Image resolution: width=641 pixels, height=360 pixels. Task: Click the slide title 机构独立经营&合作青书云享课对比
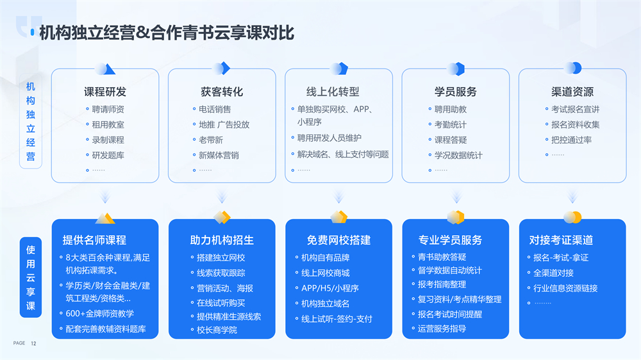point(167,33)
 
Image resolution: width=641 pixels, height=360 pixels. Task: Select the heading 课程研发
point(105,92)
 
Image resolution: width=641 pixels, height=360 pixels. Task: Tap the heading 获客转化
point(222,92)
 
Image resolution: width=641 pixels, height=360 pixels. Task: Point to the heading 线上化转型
point(333,92)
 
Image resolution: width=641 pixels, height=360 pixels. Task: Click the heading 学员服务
point(455,92)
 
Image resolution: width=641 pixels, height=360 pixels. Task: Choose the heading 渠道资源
point(572,92)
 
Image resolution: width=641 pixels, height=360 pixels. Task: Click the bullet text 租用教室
point(108,125)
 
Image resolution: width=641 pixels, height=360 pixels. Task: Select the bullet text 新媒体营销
point(219,155)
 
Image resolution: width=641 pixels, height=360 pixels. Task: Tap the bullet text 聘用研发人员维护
point(329,138)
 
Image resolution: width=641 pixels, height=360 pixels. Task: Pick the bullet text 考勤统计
point(450,125)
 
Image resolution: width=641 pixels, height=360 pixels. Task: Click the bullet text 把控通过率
point(571,140)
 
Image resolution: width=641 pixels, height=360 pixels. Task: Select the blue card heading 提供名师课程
point(94,240)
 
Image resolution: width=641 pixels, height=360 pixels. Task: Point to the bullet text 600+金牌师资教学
point(100,314)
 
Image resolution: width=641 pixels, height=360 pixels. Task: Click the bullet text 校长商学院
point(217,330)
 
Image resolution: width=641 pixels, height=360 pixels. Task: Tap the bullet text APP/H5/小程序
point(330,288)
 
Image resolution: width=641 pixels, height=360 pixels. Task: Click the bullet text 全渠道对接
point(554,273)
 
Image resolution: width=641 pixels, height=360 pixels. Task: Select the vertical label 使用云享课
point(31,277)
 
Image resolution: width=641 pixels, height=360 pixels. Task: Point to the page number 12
point(33,343)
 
